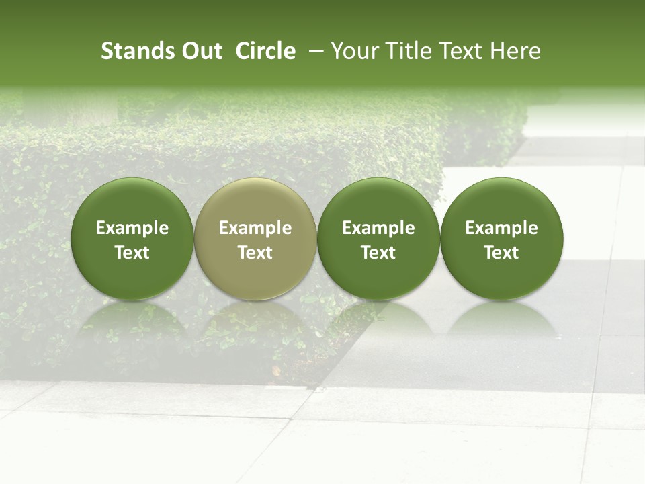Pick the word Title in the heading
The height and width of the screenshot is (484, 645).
tap(405, 51)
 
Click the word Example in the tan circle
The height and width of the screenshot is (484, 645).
tap(255, 228)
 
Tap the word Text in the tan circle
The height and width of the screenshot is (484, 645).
tap(255, 253)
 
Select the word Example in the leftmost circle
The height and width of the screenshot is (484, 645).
tap(132, 228)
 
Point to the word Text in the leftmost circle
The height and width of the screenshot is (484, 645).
tap(132, 253)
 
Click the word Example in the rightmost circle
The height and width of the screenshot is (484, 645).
tap(502, 228)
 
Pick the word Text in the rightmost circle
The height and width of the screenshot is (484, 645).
tap(502, 253)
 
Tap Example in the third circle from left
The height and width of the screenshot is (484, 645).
tap(378, 228)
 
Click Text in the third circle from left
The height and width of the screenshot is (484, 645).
tap(378, 253)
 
